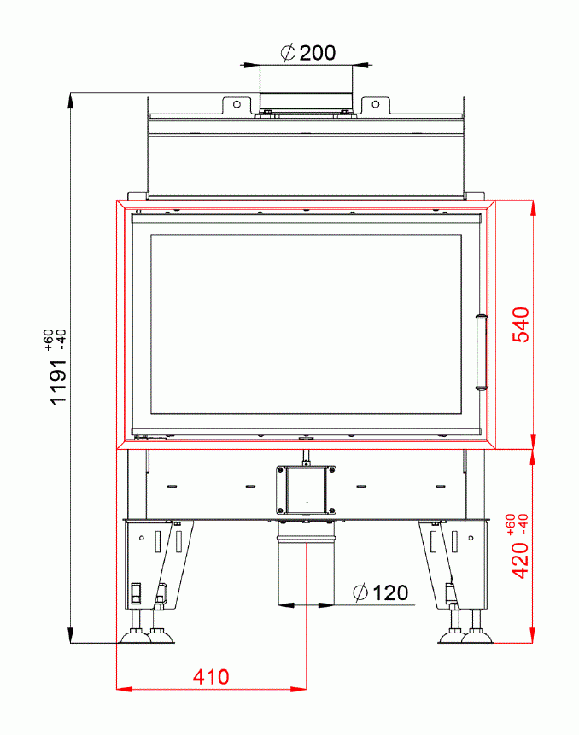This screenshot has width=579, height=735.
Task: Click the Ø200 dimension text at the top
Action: coord(307,53)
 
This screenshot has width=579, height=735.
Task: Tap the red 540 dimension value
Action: coord(521,325)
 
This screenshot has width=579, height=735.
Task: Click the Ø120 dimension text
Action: coord(380,592)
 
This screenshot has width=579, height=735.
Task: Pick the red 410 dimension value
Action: coord(210,677)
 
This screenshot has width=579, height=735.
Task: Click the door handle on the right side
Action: coord(480,352)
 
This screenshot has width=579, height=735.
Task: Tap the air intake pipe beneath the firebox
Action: coord(305,568)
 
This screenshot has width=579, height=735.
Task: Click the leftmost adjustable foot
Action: coord(134,634)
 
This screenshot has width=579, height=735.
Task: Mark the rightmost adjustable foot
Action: coord(477,634)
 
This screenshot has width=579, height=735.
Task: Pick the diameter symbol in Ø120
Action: coord(360,592)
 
